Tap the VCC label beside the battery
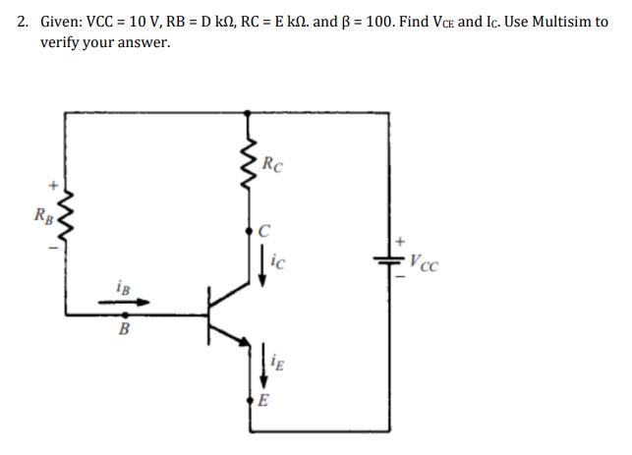(x=425, y=262)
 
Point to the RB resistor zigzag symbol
(x=65, y=214)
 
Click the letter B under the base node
(x=124, y=330)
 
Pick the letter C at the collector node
(x=262, y=232)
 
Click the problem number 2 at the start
(x=23, y=21)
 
